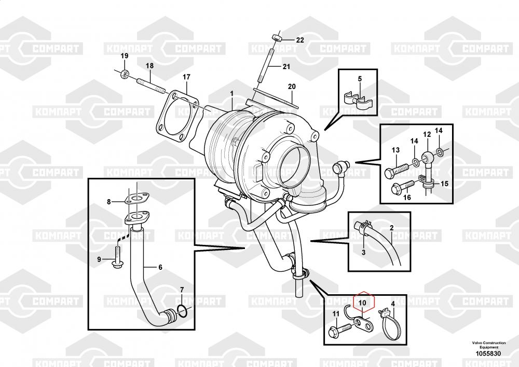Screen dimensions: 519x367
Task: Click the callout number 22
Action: [299, 40]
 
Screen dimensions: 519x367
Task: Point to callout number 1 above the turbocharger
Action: [231, 94]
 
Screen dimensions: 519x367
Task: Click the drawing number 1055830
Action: [488, 353]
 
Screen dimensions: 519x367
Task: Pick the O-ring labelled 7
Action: [182, 310]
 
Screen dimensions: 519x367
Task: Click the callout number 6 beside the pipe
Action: [160, 267]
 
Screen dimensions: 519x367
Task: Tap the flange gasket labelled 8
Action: [136, 199]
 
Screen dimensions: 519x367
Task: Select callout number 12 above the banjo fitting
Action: [427, 134]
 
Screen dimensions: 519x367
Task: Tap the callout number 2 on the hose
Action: [391, 228]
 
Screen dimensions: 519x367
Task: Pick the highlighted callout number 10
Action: [362, 303]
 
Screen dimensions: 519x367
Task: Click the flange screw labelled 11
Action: [340, 329]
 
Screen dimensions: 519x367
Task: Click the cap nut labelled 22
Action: [277, 37]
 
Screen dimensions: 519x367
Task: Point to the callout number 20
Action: [292, 86]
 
